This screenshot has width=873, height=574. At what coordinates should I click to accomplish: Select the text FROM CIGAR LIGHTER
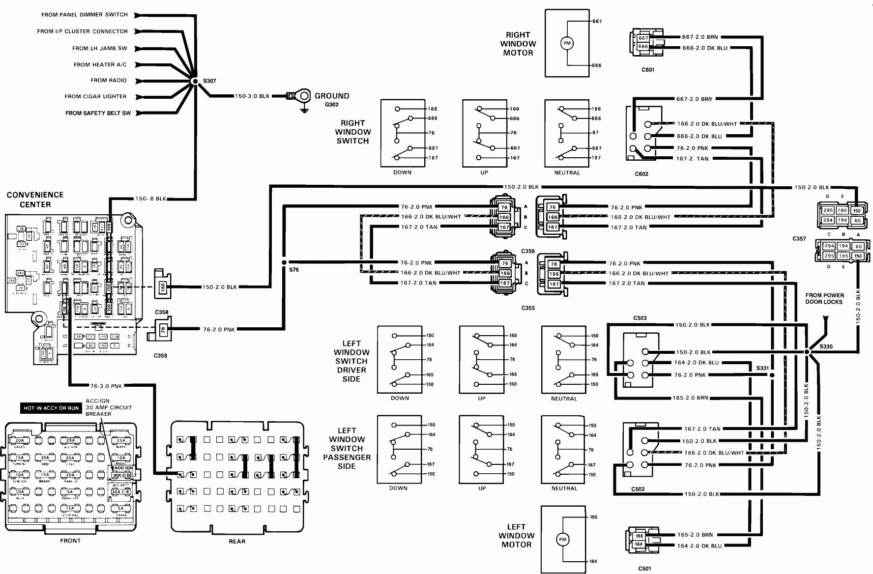[96, 96]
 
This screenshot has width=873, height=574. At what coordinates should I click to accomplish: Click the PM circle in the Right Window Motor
[567, 44]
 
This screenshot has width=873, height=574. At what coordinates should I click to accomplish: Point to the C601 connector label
[648, 70]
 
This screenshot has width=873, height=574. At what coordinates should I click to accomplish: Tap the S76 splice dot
[284, 262]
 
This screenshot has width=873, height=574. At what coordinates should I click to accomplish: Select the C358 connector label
[161, 312]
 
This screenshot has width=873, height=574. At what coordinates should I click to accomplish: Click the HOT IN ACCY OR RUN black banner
[51, 408]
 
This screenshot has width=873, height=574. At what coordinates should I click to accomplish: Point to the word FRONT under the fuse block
[70, 541]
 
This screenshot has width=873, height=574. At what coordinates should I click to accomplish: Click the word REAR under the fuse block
[237, 541]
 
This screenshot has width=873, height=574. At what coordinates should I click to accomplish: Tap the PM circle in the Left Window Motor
[562, 540]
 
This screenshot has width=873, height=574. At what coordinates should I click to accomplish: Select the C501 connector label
[645, 569]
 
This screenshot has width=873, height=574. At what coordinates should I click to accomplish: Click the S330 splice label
[826, 346]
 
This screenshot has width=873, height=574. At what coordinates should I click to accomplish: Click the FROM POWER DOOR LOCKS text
[824, 299]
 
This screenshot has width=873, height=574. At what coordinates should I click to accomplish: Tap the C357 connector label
[799, 239]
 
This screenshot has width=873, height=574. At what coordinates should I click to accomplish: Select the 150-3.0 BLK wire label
[252, 96]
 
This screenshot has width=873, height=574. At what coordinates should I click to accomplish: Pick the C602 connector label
[641, 173]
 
